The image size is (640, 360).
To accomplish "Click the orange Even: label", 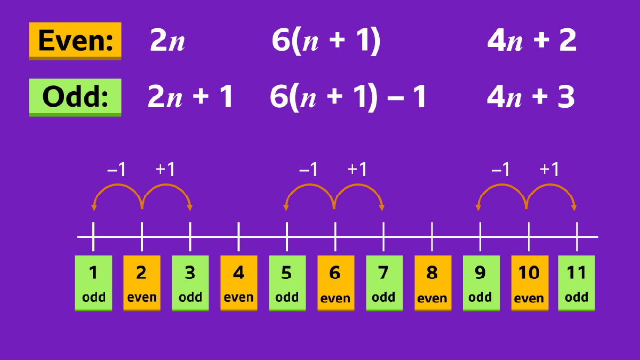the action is (x=75, y=41).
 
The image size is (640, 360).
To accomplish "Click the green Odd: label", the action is (x=75, y=97).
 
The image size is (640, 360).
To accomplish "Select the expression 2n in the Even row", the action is (x=167, y=41).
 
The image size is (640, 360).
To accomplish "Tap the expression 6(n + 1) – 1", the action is (x=348, y=98).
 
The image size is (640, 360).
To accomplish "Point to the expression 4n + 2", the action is (x=532, y=41).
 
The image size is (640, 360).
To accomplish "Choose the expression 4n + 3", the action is (x=531, y=98).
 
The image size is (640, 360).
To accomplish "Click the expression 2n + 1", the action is (x=190, y=98).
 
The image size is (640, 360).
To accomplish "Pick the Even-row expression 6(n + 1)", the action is (x=326, y=41).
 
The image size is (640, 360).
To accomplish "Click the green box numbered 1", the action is (x=93, y=282).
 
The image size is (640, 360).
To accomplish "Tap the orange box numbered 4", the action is (x=238, y=282).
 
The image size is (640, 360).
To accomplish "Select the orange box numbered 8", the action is (x=432, y=282).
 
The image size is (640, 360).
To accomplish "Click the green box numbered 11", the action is (x=577, y=282).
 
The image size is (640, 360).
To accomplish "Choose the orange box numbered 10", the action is (x=529, y=282).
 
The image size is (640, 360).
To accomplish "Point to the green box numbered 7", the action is (x=383, y=282).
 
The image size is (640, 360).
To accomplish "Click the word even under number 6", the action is (x=335, y=298).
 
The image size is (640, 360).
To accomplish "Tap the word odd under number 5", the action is (x=286, y=297).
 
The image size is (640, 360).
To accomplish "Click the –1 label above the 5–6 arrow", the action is (x=308, y=170).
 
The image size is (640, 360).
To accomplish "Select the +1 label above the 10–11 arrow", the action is (x=549, y=170).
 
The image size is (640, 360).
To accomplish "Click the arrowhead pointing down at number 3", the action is (x=190, y=207).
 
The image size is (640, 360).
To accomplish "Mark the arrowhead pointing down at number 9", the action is (x=479, y=207).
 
